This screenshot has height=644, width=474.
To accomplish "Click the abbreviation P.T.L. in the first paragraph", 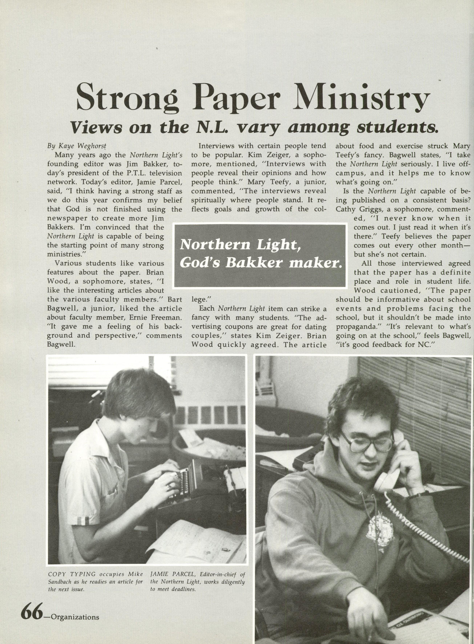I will click(130, 173).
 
